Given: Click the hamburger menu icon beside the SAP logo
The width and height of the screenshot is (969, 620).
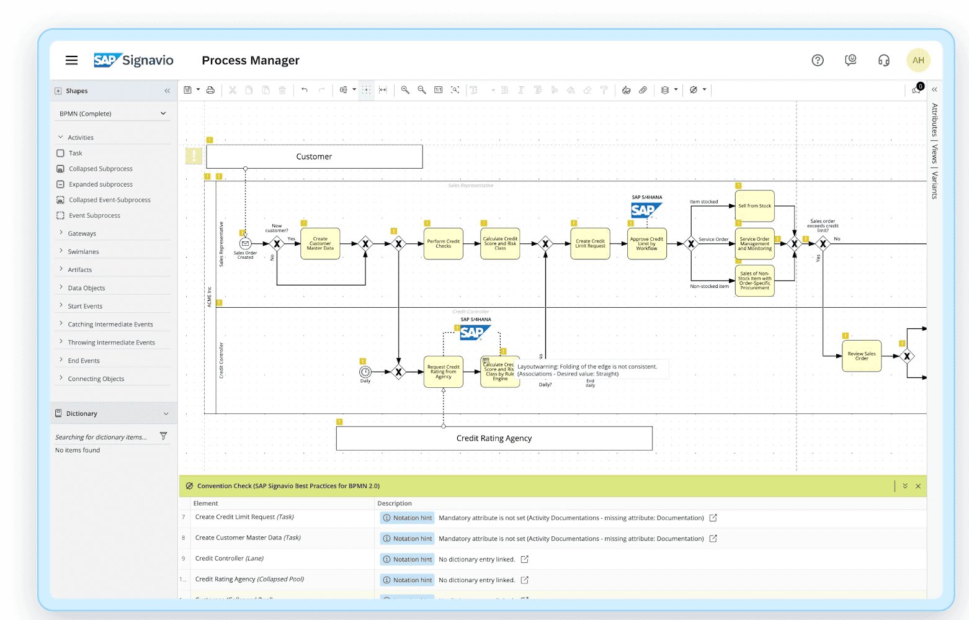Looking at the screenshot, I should [x=71, y=60].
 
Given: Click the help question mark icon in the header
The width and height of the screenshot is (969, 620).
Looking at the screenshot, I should [x=818, y=60].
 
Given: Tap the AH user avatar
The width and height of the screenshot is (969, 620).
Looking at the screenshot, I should [x=918, y=60].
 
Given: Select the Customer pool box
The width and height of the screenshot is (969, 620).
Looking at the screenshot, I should [x=314, y=156].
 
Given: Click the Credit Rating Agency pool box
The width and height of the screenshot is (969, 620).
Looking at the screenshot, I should [x=494, y=438].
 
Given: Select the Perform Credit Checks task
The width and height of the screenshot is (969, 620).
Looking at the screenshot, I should [x=444, y=244].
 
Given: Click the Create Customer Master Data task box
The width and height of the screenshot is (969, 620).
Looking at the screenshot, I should [x=320, y=244].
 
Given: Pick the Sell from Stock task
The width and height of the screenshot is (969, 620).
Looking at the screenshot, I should [x=754, y=206].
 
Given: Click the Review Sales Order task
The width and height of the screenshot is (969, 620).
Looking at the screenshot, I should [x=862, y=356].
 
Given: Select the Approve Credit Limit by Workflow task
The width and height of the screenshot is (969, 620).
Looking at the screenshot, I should [x=646, y=244].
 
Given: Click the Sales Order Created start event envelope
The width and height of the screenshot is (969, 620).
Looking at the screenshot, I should [x=245, y=244].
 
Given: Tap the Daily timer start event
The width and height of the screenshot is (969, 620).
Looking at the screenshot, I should [x=365, y=372].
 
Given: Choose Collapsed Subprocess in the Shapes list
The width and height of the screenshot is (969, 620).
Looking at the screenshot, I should [x=100, y=169].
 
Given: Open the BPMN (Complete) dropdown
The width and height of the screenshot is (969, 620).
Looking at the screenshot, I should [x=112, y=114].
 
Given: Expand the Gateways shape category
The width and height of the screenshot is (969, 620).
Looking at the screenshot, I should [x=82, y=233].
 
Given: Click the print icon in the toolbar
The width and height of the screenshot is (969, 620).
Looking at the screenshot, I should [x=210, y=90].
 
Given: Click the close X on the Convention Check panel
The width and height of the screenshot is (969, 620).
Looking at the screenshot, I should [x=918, y=486].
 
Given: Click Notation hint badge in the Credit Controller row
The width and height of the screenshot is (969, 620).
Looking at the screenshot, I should [x=407, y=559].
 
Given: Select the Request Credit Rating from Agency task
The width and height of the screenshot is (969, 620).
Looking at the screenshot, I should [x=444, y=372].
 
